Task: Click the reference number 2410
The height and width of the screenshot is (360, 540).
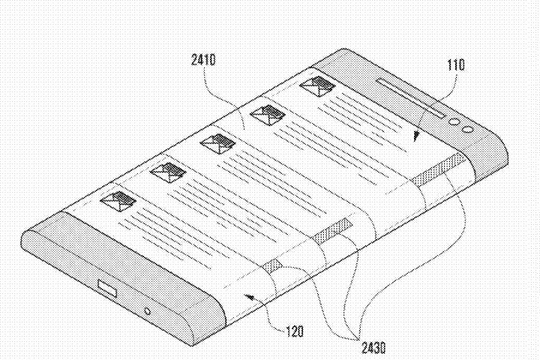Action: pos(203,60)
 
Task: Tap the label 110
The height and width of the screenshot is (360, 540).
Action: pos(456,64)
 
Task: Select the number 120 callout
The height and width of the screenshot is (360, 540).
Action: pos(295,331)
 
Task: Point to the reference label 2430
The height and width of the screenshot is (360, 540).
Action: pos(373,348)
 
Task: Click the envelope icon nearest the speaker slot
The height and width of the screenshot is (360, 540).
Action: pos(317,86)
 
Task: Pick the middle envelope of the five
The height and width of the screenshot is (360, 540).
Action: pos(218,143)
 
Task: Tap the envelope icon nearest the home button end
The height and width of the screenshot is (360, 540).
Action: pos(118,201)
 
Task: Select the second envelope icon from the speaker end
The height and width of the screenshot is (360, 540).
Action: pos(268,115)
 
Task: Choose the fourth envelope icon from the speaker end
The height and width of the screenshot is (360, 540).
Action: pos(169,172)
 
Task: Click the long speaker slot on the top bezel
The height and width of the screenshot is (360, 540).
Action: pos(411,98)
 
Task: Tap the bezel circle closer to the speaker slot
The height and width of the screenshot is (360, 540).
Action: pos(454,121)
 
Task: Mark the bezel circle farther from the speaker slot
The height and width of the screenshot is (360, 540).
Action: pos(467,129)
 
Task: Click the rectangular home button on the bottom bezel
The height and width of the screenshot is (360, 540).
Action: pos(107,289)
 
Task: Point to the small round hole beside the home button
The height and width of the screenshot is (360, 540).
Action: pos(148,311)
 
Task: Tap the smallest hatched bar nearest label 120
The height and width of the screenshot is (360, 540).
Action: pos(273,265)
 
